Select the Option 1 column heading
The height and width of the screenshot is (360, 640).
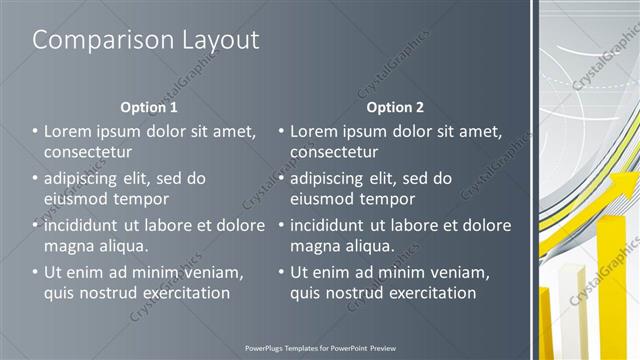(x=149, y=107)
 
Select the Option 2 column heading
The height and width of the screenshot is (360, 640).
(x=395, y=107)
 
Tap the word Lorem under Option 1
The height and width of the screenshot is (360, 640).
(x=69, y=131)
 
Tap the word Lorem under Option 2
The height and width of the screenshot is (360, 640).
(x=315, y=131)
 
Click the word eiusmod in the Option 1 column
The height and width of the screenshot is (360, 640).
(x=77, y=199)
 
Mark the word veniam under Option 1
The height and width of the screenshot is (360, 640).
(x=214, y=272)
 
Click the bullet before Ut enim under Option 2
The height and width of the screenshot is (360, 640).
(x=281, y=272)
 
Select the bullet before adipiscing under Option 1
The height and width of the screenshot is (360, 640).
(x=35, y=178)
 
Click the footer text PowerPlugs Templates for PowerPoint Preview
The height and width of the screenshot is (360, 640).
(x=320, y=349)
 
